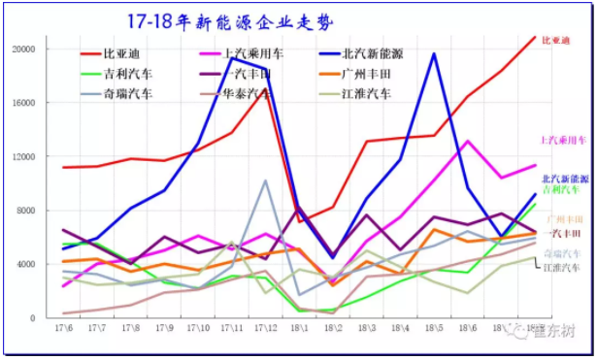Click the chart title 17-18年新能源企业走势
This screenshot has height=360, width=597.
[x=224, y=20]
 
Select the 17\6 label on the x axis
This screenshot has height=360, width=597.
[x=63, y=329]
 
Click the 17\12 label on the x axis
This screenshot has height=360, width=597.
[x=265, y=329]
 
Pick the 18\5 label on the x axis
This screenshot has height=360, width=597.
[x=433, y=329]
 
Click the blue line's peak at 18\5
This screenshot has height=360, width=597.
[x=433, y=54]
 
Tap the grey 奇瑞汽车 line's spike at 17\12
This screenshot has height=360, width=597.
[x=265, y=180]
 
